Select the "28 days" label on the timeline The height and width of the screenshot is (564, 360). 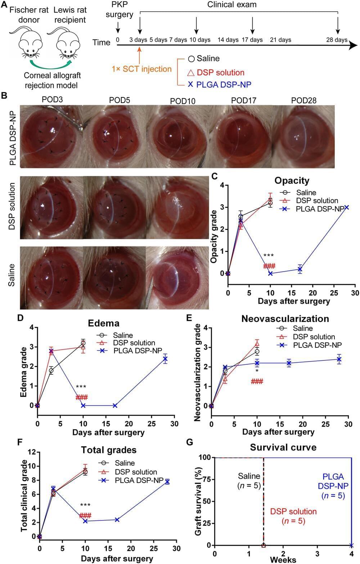pyautogui.click(x=337, y=40)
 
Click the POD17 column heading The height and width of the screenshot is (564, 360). pyautogui.click(x=244, y=100)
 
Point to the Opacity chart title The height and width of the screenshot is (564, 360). pyautogui.click(x=292, y=180)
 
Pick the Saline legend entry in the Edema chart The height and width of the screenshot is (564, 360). pyautogui.click(x=122, y=335)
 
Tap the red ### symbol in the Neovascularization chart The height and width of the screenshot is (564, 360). pyautogui.click(x=257, y=381)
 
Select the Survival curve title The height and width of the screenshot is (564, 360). pyautogui.click(x=283, y=447)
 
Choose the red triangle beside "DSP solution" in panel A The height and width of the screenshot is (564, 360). pyautogui.click(x=191, y=73)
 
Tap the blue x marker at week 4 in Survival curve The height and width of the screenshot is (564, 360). pyautogui.click(x=351, y=545)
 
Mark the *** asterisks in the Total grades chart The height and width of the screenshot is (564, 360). pyautogui.click(x=85, y=505)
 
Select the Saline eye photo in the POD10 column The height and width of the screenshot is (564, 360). pyautogui.click(x=177, y=278)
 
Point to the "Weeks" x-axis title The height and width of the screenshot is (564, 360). pyautogui.click(x=283, y=560)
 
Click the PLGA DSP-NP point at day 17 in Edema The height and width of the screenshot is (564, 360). pyautogui.click(x=115, y=405)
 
